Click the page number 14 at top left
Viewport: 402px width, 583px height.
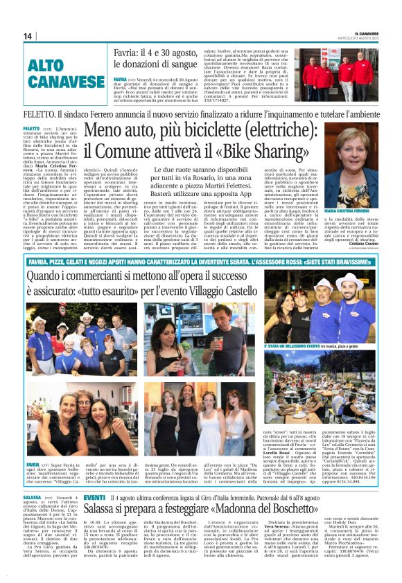click(x=28, y=36)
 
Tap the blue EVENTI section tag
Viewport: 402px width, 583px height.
click(x=94, y=497)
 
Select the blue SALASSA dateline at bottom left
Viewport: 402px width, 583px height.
click(x=32, y=497)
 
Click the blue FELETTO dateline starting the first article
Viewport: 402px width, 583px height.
click(x=31, y=129)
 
